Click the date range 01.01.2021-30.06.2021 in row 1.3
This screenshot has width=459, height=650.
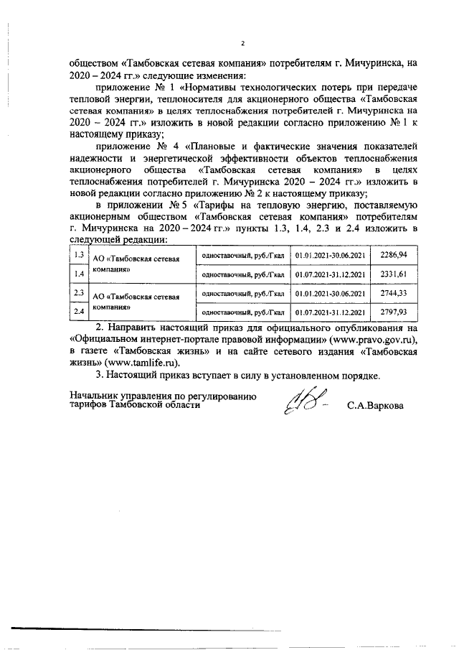tap(330, 256)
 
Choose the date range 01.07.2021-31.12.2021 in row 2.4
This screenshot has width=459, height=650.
tap(330, 313)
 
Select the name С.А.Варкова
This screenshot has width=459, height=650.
tap(375, 405)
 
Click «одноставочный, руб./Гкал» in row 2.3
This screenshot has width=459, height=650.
tap(243, 294)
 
